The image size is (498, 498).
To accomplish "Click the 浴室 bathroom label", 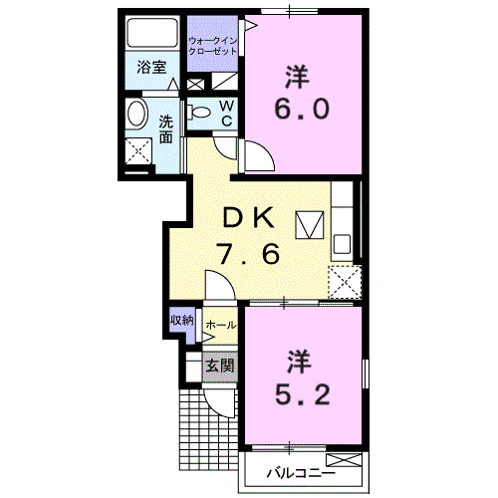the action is click(151, 68).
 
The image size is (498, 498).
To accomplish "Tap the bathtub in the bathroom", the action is click(151, 32).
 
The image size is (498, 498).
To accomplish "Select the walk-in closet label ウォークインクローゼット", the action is click(212, 46).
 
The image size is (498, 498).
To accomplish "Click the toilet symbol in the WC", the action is click(198, 112).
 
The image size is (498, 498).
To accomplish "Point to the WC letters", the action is click(227, 114).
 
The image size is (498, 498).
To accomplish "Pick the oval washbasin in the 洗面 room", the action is click(136, 113).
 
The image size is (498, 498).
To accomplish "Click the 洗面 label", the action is click(166, 128).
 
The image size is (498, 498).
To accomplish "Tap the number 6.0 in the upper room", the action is click(302, 109).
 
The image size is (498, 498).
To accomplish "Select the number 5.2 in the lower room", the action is click(302, 394).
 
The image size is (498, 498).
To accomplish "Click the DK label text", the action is click(249, 217).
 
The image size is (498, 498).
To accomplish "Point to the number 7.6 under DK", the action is click(248, 254).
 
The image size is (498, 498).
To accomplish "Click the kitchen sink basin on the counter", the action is click(342, 244).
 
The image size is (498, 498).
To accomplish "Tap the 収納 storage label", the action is click(182, 321).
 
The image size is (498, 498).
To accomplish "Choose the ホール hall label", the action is click(221, 325).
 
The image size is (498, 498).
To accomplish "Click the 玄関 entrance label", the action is click(220, 366).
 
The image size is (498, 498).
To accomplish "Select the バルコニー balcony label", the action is click(301, 472).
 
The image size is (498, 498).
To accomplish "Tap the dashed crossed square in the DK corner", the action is click(345, 282).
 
